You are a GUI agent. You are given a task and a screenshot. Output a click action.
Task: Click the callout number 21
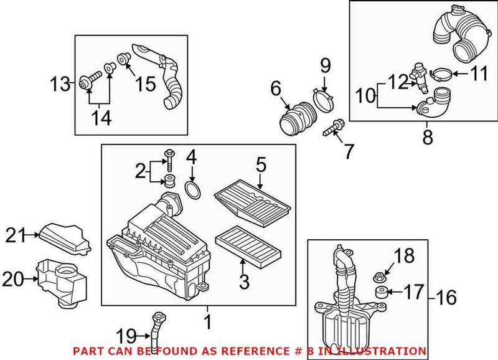[x=17, y=235]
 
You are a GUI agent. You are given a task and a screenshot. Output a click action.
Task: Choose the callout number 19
[x=128, y=338]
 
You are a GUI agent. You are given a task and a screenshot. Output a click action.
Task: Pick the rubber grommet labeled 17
[x=378, y=291]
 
